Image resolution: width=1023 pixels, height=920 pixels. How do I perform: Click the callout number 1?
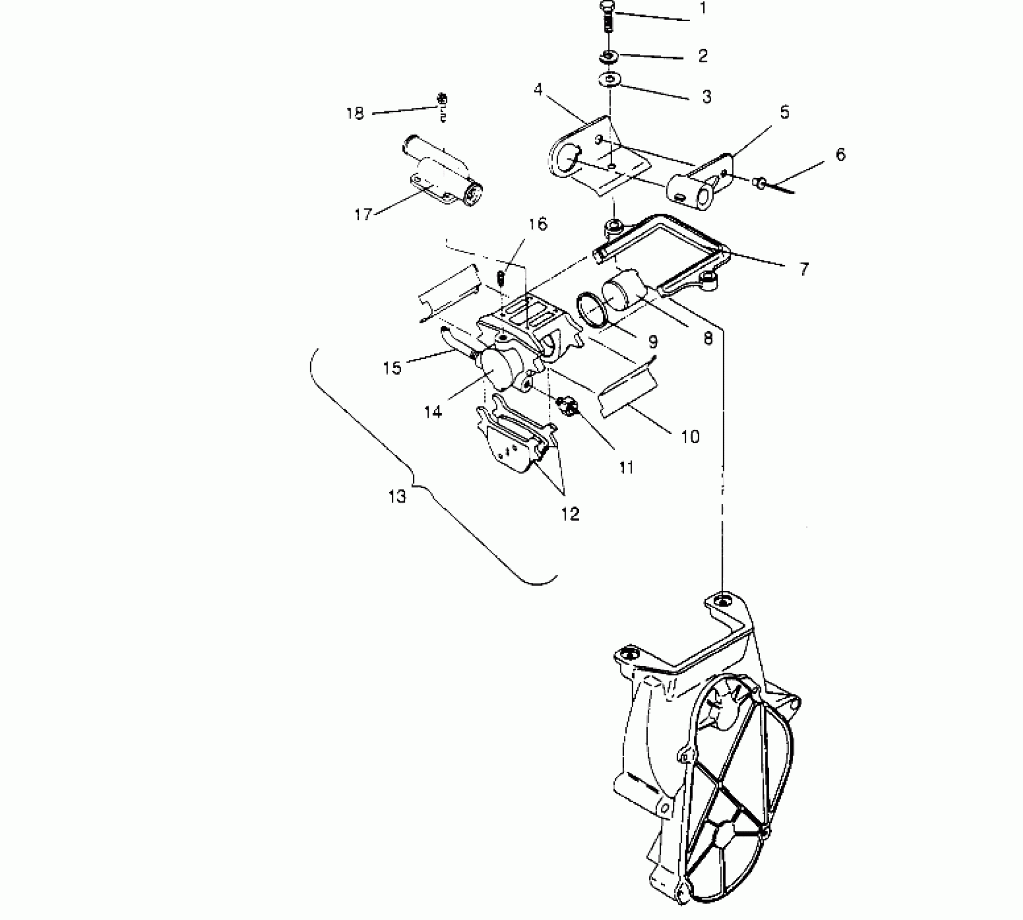(x=703, y=9)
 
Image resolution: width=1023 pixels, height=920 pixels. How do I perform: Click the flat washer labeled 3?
(x=610, y=80)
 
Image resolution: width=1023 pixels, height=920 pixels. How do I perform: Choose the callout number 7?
(x=804, y=269)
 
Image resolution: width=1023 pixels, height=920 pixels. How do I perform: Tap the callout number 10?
(x=690, y=436)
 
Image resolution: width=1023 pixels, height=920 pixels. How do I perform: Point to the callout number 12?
(x=570, y=514)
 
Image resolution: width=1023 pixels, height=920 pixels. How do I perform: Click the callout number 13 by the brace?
(x=397, y=496)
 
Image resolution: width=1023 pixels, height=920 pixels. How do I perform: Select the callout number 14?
(x=432, y=412)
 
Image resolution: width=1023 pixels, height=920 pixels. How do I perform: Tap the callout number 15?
(x=392, y=368)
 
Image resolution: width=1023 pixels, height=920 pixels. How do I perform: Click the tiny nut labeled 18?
(x=442, y=100)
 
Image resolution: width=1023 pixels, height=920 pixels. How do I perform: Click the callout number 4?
(x=537, y=90)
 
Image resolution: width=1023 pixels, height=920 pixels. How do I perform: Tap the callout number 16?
(x=538, y=224)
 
